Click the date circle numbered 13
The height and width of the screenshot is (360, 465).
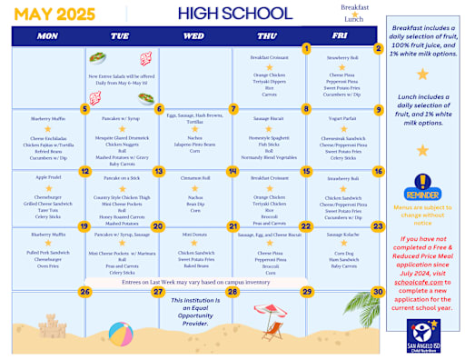coord(158,170)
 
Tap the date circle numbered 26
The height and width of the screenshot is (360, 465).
coord(84,292)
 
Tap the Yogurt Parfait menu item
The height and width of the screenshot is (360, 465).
coord(342,118)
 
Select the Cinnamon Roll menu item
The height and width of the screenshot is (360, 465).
coord(193,178)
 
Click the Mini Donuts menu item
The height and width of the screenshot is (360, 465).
coord(193,234)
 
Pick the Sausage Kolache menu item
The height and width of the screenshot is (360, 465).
coord(342,234)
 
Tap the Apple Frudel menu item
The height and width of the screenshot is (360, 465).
coord(48,177)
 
